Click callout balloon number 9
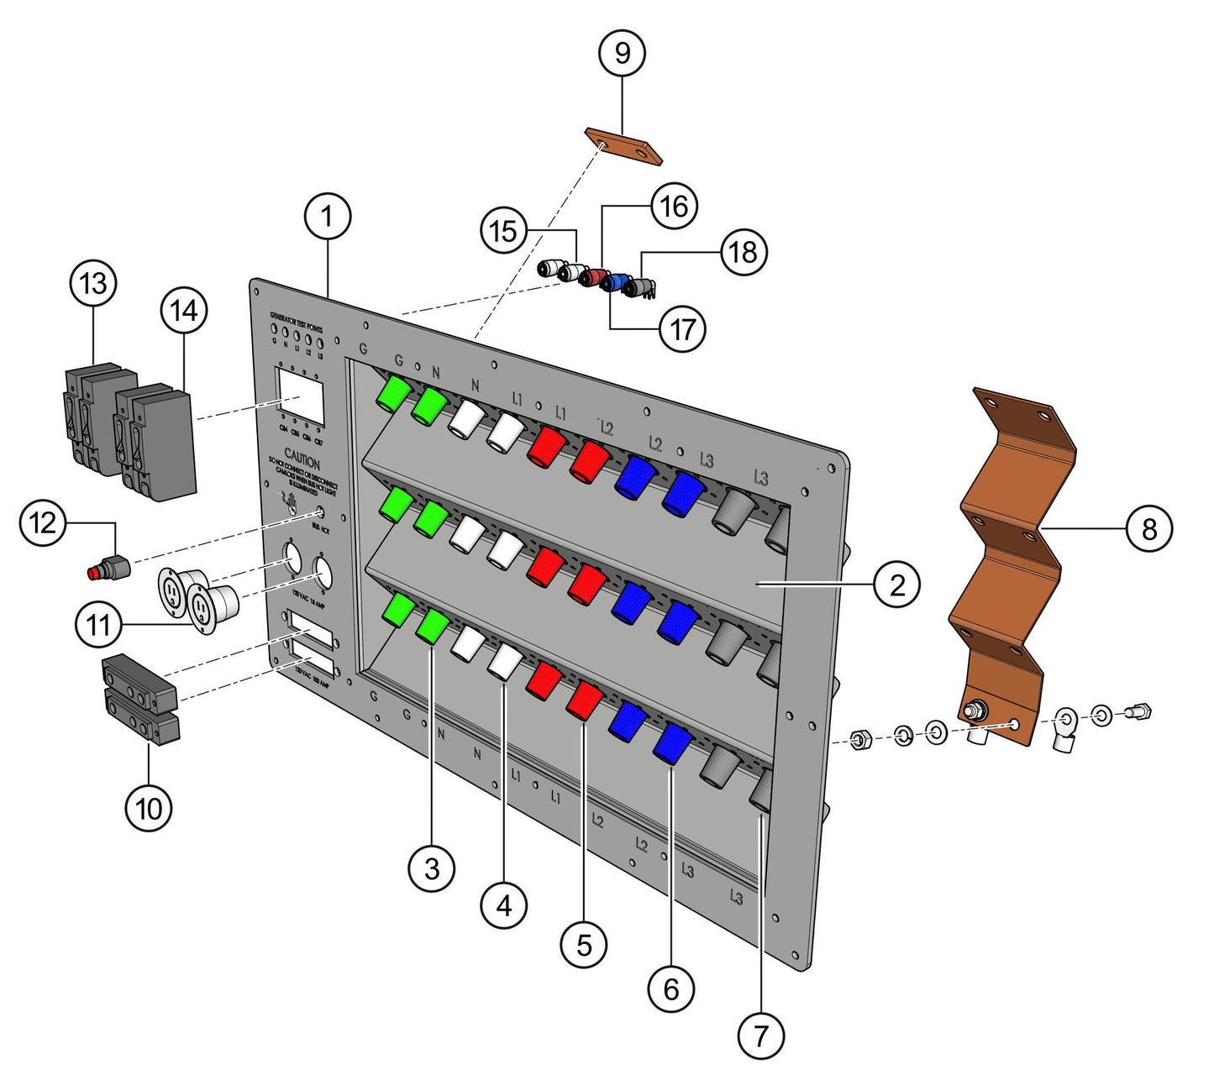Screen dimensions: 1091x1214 [622, 52]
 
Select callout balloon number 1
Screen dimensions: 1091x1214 [327, 217]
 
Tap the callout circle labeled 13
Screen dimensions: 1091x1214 [93, 283]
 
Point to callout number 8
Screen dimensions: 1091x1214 [1148, 528]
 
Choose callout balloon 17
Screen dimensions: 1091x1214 [682, 328]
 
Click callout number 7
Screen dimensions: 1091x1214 [760, 1035]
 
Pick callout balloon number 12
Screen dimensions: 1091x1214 [43, 523]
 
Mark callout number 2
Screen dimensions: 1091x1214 [897, 584]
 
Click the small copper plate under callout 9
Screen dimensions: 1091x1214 [623, 146]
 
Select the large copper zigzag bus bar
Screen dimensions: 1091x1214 [1012, 538]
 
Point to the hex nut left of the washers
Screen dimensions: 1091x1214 [859, 741]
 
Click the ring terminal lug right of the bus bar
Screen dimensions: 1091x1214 [1066, 724]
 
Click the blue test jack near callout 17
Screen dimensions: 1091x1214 [618, 283]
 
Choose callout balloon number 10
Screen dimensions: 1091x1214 [149, 809]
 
